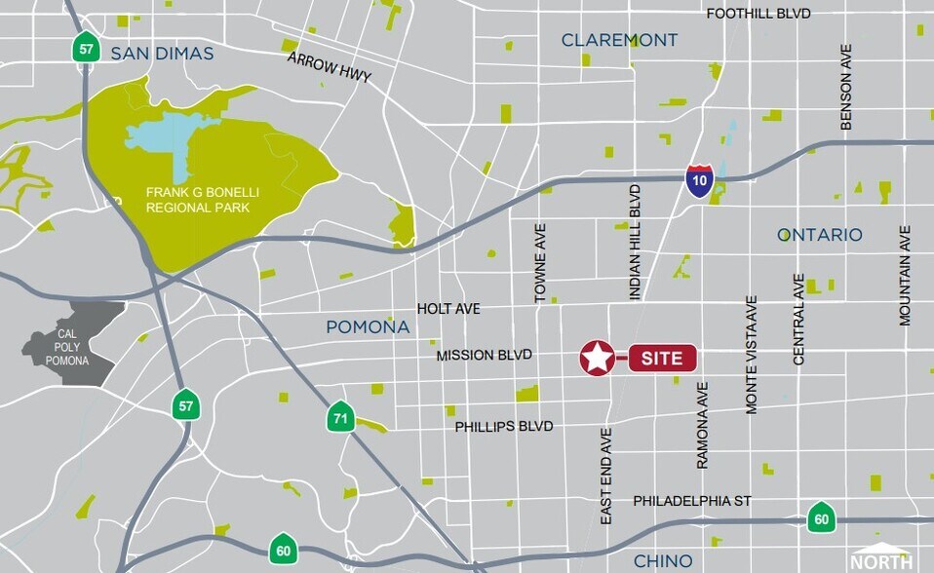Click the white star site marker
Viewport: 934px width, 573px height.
598,359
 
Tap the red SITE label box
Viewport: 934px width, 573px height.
662,359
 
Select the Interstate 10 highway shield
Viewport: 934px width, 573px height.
698,181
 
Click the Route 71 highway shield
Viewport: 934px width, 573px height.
338,419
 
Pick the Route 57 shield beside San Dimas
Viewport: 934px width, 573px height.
87,48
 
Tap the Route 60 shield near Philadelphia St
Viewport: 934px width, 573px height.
820,516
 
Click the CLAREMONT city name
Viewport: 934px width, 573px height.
619,40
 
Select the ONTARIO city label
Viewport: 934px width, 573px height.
819,235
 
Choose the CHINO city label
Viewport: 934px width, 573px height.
663,561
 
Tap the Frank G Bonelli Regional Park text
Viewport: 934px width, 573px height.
198,200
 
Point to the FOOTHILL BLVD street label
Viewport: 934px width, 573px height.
759,14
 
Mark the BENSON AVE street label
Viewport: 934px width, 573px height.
845,88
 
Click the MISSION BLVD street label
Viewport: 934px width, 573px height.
484,356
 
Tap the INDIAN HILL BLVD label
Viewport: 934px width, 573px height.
635,241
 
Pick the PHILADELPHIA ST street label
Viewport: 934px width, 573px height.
692,500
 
